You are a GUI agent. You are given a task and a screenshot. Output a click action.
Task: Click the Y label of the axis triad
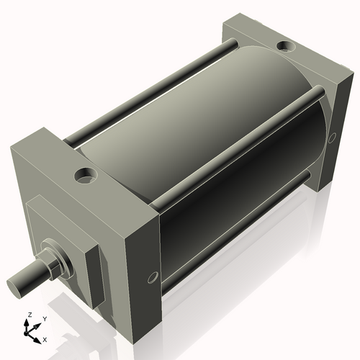44,318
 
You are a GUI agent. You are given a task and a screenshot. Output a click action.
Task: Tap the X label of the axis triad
44,338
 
